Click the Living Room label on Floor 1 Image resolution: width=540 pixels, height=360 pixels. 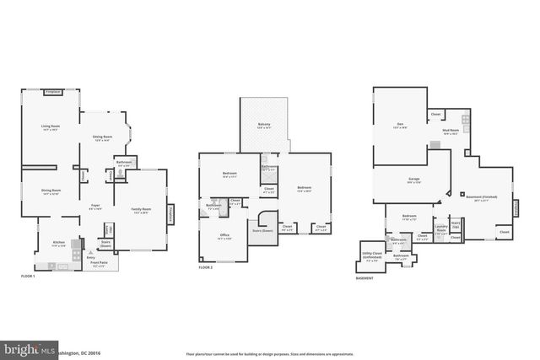coord(50,127)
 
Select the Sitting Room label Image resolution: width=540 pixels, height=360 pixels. coord(102,138)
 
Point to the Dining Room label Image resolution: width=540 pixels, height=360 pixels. coord(50,191)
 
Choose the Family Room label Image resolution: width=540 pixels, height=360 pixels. coord(141,210)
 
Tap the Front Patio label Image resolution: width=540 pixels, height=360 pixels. coord(99,263)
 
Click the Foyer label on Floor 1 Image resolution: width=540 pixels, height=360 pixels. coord(96,206)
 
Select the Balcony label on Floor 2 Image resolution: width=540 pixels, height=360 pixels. coord(264,126)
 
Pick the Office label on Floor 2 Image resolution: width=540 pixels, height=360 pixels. coord(224,236)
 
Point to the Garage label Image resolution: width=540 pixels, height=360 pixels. coord(414,180)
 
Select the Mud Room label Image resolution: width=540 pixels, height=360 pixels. coord(451,132)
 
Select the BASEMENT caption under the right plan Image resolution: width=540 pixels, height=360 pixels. coord(364,277)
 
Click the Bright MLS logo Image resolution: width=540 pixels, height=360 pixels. coord(25,349)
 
